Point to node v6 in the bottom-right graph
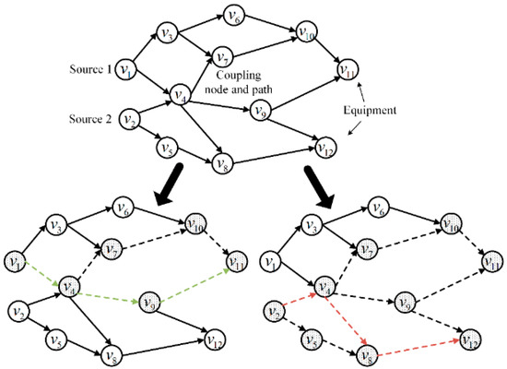coord(378,208)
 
